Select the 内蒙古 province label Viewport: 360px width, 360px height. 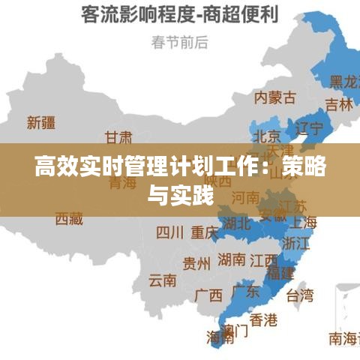coord(274,97)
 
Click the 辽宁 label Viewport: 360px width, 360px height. coord(310,127)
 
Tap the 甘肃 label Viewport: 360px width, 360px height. coord(118,138)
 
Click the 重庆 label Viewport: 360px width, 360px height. coord(204,232)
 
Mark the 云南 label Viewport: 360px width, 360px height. coord(163,280)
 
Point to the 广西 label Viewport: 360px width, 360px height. coord(208,295)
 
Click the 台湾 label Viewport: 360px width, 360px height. coord(300,295)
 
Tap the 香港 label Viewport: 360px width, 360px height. coord(262,320)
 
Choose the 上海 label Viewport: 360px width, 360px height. coord(303,222)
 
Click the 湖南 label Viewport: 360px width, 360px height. coord(232,259)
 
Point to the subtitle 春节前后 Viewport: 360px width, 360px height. coord(179,42)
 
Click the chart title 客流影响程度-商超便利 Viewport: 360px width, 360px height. coord(180,14)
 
